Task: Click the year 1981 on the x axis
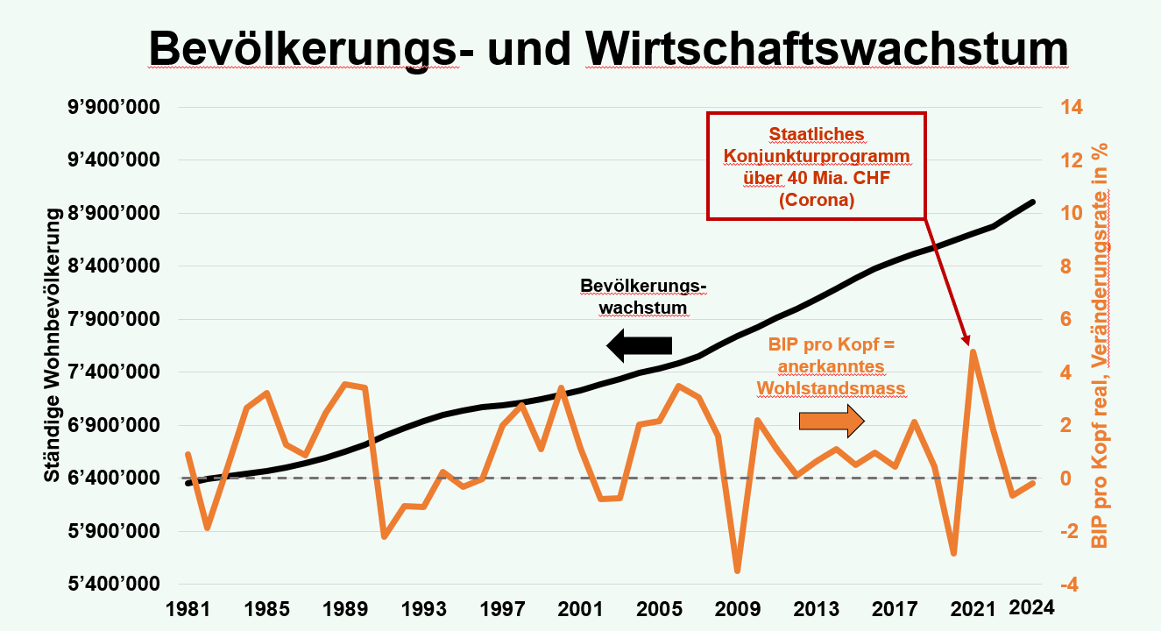click(186, 607)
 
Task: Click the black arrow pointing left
click(640, 345)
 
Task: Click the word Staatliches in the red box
click(817, 134)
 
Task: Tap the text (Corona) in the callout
click(817, 200)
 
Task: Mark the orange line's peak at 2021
click(973, 351)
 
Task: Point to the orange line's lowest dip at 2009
click(738, 571)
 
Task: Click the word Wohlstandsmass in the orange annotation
click(831, 387)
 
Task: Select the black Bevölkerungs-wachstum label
click(643, 297)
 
